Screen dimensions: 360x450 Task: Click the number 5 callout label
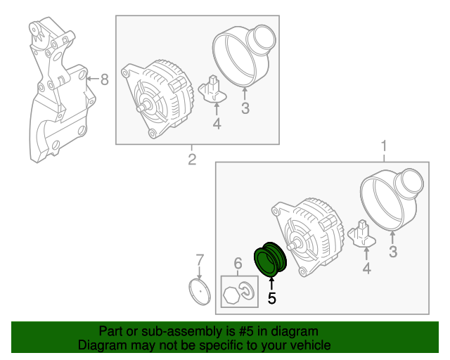click(272, 298)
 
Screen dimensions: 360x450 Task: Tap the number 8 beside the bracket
click(104, 79)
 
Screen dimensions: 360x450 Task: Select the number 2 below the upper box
click(191, 160)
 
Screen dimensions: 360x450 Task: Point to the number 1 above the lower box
click(385, 147)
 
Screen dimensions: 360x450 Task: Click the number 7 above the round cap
click(199, 259)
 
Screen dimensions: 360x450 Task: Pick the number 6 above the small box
click(238, 264)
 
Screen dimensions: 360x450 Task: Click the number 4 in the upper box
click(217, 124)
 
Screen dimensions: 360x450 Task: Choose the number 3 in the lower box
click(393, 251)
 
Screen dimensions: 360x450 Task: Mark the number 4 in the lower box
click(366, 268)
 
